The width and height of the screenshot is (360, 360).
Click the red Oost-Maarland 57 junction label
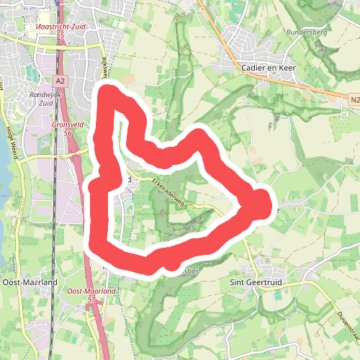[x=91, y=294]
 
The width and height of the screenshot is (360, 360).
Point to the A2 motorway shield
[x=60, y=81]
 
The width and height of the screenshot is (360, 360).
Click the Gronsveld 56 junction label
[x=68, y=128]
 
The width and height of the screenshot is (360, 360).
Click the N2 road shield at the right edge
[x=354, y=99]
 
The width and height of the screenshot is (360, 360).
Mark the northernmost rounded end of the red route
[x=109, y=92]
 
